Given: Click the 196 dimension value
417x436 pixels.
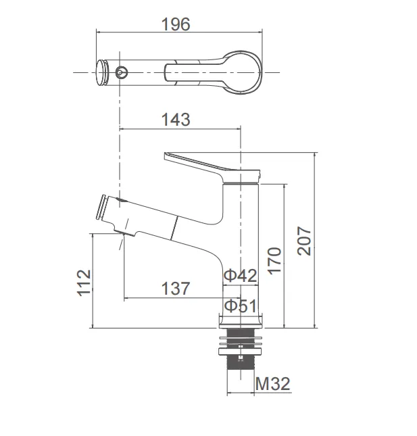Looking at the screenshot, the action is click(176, 24).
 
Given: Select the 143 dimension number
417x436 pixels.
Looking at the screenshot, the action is click(176, 120).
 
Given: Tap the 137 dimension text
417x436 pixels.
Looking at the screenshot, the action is click(176, 289).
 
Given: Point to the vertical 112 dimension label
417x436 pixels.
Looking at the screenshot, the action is click(84, 283).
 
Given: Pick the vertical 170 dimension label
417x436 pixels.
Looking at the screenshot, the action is click(274, 261).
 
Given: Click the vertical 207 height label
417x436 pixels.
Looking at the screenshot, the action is click(304, 241).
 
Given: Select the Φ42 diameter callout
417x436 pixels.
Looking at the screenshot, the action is click(241, 276).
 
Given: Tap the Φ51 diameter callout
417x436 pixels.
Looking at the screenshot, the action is click(241, 306).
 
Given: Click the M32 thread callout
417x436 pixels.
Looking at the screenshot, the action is click(273, 384).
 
